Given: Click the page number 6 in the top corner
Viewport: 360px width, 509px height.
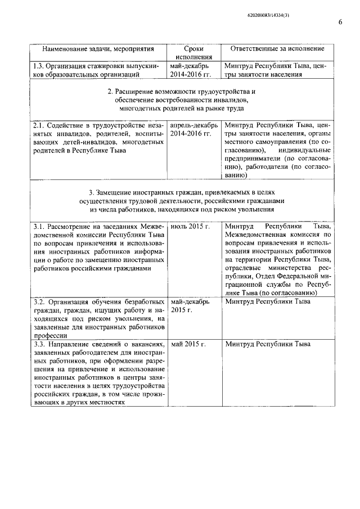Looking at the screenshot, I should click(340, 22).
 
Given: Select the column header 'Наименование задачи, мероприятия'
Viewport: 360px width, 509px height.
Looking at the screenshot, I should click(98, 48).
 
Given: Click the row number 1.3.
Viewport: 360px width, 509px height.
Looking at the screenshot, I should click(40, 65).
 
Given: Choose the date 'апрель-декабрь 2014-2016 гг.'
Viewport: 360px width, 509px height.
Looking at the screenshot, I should click(192, 129).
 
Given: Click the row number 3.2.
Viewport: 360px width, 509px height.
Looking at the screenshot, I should click(40, 301).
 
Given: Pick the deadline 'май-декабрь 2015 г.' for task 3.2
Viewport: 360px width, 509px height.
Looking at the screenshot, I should click(190, 306).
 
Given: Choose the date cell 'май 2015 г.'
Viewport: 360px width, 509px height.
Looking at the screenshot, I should click(188, 344).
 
